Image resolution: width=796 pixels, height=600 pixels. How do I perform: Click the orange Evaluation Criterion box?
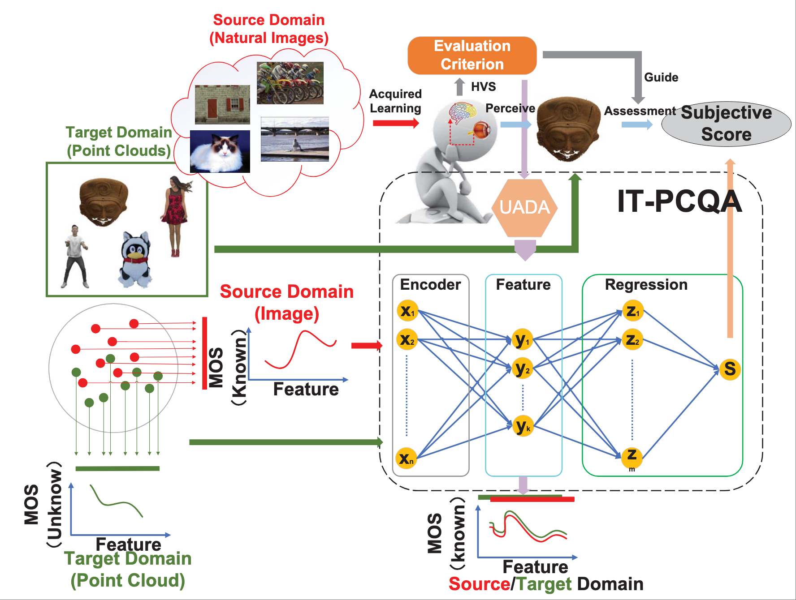472,55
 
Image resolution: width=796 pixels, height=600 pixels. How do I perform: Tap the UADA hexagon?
524,208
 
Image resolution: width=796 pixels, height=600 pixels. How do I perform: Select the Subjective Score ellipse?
726,124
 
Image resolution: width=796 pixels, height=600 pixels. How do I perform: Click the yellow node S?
730,369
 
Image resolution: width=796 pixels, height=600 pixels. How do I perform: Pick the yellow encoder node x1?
407,311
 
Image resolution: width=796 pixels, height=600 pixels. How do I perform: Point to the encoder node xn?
407,458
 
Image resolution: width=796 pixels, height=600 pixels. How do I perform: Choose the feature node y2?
522,369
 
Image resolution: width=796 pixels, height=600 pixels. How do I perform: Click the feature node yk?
523,426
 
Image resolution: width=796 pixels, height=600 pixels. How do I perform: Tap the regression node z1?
632,311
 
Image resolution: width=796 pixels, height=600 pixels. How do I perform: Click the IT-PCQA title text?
679,201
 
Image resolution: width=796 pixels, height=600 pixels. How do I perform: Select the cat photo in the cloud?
220,151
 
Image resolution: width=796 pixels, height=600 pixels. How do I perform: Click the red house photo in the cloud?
222,104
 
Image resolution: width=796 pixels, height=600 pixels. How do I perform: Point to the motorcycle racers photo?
290,83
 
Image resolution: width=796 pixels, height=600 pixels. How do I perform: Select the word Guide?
661,77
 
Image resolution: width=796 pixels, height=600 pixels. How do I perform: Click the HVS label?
483,87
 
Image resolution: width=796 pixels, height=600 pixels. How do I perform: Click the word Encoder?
430,285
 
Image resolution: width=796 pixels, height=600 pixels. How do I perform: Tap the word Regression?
646,285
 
